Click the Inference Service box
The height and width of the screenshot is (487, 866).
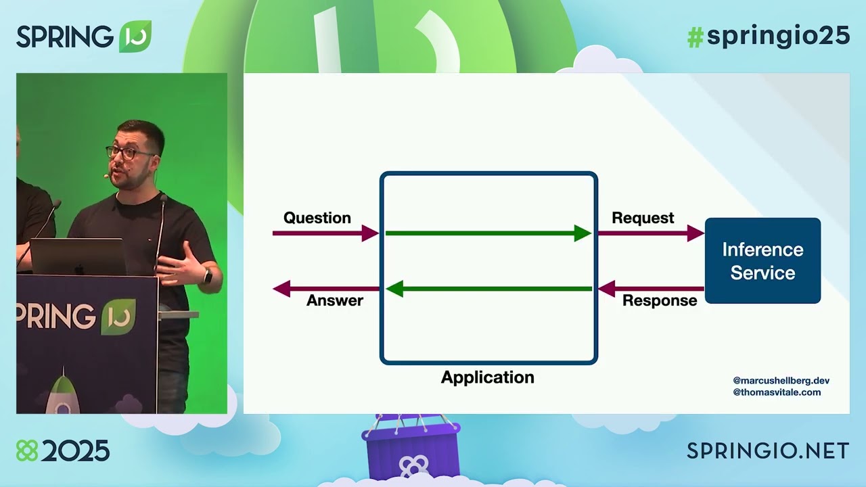[x=762, y=260]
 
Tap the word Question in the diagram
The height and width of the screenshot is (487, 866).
[x=317, y=218]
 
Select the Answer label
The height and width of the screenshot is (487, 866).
[x=334, y=300]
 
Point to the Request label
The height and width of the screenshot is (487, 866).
[x=643, y=218]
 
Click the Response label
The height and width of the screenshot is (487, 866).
[x=659, y=300]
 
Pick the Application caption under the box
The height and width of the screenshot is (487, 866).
[x=487, y=377]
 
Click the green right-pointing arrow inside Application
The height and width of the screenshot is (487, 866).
[x=487, y=233]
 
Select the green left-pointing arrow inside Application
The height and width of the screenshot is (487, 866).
[x=487, y=289]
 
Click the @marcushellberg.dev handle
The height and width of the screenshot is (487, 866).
[x=781, y=381]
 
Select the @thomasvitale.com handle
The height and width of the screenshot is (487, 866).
[x=777, y=392]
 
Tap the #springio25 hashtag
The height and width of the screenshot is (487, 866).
[x=768, y=37]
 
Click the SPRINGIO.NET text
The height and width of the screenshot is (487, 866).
[x=768, y=450]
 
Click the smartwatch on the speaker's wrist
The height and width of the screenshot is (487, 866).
[x=208, y=276]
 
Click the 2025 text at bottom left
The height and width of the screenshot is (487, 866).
[x=74, y=450]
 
